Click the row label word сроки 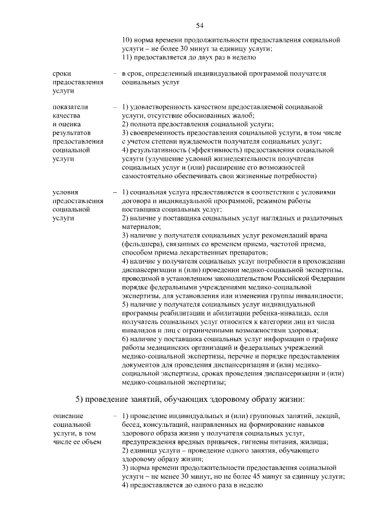61,74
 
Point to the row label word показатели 70,108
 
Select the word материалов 139,226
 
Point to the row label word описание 68,416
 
